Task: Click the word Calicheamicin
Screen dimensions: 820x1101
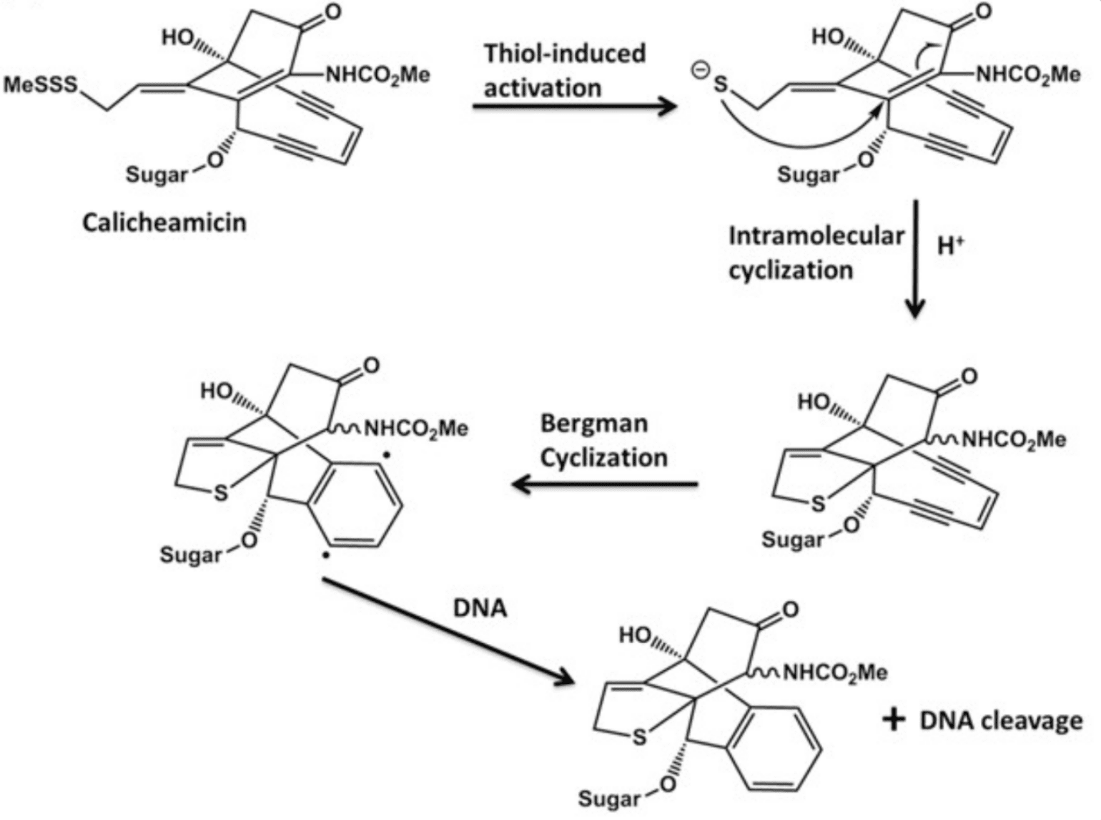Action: (164, 223)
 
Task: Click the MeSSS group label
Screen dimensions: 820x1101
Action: (40, 84)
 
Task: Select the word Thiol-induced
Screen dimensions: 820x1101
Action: (564, 53)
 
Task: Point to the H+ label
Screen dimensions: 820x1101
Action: (950, 246)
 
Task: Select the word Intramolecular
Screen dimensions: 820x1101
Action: (816, 235)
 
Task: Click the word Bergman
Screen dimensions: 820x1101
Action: (593, 423)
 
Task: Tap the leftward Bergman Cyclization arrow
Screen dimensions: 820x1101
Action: (605, 484)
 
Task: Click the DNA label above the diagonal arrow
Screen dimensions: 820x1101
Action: (480, 608)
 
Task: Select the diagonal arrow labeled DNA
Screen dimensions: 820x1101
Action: (448, 629)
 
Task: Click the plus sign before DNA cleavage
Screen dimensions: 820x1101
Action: (894, 719)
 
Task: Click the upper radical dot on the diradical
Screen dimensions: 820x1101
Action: (387, 454)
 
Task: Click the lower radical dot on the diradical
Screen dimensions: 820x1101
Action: (325, 555)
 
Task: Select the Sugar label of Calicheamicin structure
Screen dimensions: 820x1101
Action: (156, 174)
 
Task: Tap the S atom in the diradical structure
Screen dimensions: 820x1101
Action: (220, 492)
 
